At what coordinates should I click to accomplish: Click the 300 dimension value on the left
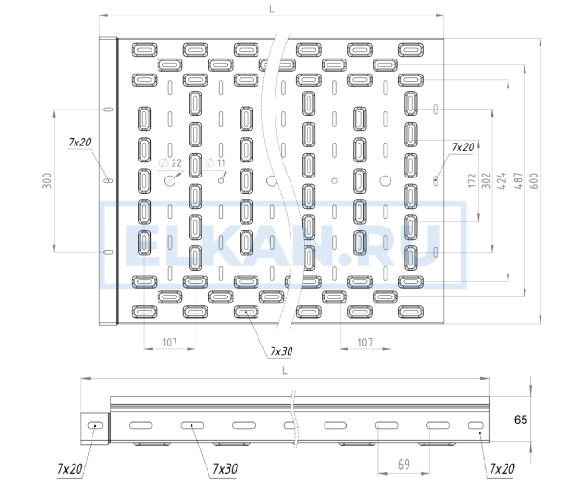pos(47,180)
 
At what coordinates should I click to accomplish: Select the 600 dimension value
pos(535,180)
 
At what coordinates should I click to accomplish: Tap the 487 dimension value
pos(518,180)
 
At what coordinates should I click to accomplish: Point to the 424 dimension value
pos(502,180)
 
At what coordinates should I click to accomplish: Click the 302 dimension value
pos(486,180)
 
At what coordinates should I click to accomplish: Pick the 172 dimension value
pos(472,180)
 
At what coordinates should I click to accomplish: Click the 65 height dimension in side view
pos(521,419)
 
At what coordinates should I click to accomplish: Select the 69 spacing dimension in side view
pos(404,465)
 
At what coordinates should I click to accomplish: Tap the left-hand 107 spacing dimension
pos(170,342)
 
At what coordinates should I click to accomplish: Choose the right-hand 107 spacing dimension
pos(365,342)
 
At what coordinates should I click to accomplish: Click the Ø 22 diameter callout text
pos(171,163)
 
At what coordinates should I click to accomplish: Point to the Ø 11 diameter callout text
pos(215,163)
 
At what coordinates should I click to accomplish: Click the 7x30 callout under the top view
pos(281,351)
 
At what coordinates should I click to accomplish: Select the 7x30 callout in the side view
pos(225,468)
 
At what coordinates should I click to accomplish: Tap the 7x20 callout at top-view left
pos(79,142)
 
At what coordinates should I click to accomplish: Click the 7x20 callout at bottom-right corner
pos(502,468)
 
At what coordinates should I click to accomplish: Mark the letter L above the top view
pos(272,9)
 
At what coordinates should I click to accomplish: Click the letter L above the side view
pos(285,371)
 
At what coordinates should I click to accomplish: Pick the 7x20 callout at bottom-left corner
pos(70,468)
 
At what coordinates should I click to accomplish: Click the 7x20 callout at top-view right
pos(462,147)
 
